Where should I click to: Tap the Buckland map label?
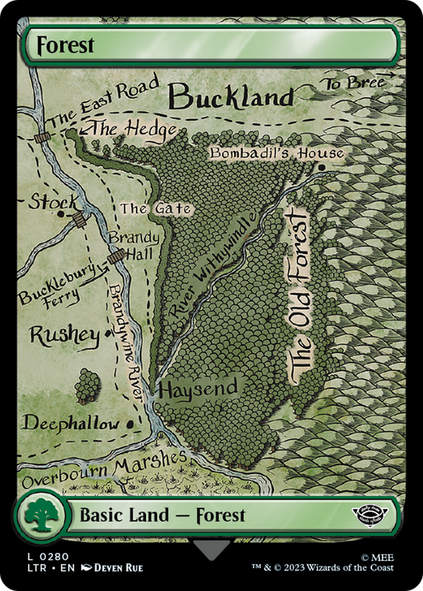click(x=232, y=97)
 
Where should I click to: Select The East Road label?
click(x=103, y=102)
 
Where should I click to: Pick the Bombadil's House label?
click(x=276, y=153)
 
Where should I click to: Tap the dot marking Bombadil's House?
click(x=321, y=168)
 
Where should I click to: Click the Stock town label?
click(x=54, y=202)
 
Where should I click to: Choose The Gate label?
click(x=156, y=209)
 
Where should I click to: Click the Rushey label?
click(x=65, y=334)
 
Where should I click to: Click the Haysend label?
click(x=198, y=388)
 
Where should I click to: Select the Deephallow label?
click(x=71, y=423)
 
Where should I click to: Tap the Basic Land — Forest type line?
click(x=162, y=516)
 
